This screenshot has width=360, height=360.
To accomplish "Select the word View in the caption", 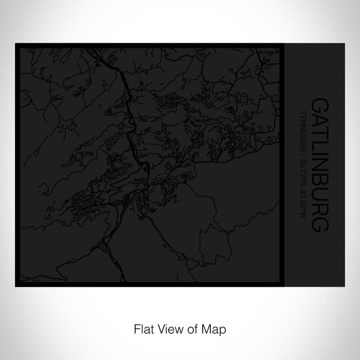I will click(x=168, y=327).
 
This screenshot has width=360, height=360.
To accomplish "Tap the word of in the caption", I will click(x=190, y=327).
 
